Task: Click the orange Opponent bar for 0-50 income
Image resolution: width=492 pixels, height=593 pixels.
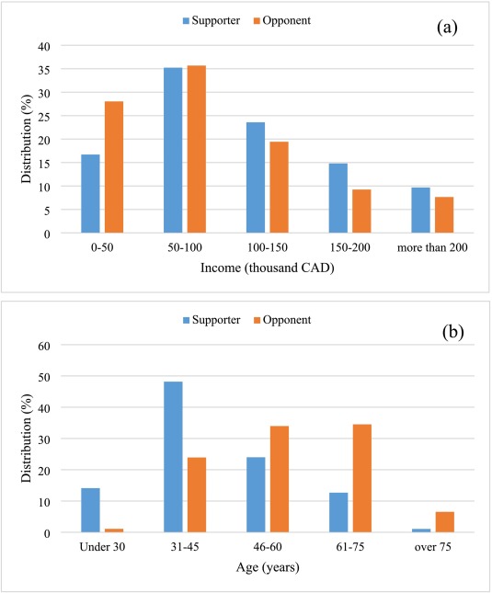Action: tap(114, 166)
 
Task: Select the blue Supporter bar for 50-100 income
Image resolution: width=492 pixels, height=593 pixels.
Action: tap(173, 150)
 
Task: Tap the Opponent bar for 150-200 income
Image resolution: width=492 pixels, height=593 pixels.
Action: tap(362, 211)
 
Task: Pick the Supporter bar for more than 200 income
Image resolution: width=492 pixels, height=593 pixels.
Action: tap(421, 211)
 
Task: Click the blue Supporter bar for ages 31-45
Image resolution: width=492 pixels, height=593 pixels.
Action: tap(173, 457)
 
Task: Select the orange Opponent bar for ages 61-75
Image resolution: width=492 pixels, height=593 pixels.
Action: tap(362, 478)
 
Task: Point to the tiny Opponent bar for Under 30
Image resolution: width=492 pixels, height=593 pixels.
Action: tap(114, 530)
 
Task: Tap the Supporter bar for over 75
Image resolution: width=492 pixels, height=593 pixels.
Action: tap(421, 530)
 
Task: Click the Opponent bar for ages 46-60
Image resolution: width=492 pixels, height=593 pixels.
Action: tap(280, 479)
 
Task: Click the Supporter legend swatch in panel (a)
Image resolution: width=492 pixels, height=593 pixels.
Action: tap(186, 21)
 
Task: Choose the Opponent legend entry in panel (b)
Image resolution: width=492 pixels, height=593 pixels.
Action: tap(282, 320)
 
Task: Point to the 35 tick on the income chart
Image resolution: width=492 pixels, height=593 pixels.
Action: tap(44, 70)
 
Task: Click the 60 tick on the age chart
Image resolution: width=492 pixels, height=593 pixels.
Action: tap(44, 346)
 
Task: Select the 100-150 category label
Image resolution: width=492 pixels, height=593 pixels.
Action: tap(268, 247)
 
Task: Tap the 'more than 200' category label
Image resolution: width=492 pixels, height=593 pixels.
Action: tap(432, 247)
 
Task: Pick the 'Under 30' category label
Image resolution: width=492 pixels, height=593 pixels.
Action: tap(102, 547)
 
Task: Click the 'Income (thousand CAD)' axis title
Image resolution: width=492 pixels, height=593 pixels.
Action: tap(268, 268)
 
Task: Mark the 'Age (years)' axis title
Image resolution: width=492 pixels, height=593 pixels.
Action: tap(268, 567)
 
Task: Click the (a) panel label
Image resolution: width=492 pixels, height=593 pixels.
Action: tap(447, 28)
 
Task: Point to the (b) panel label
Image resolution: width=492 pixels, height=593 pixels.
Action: tap(452, 333)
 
